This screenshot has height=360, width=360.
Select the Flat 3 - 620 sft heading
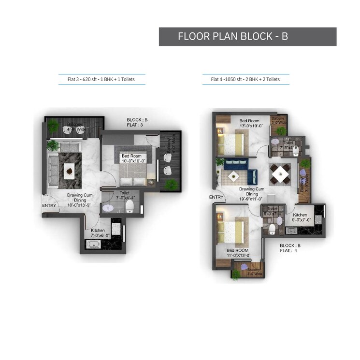101,79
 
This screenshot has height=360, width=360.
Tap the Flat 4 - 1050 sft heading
245,79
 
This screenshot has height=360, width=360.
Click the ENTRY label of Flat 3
50,206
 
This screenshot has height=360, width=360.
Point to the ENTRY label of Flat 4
216,197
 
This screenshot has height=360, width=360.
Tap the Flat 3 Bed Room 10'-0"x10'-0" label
131,158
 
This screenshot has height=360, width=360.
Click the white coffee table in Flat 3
70,170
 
